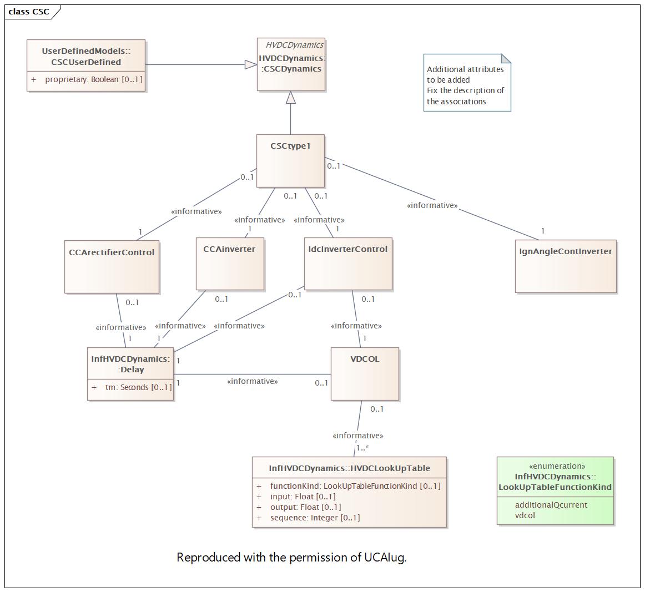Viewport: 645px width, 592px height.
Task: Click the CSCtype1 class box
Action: (290, 161)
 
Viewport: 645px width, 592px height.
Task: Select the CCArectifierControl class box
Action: (112, 267)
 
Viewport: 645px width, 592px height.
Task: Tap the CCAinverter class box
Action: (230, 264)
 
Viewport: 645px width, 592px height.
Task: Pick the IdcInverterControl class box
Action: (348, 264)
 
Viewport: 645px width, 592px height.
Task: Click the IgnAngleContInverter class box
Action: (566, 266)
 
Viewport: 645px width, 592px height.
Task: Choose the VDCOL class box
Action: (365, 374)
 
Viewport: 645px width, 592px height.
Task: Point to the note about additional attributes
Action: (467, 83)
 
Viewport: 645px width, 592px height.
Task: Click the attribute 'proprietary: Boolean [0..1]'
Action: (93, 79)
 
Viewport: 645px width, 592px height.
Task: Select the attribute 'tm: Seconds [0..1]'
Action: (138, 387)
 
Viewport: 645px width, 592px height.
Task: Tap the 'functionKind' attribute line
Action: (355, 486)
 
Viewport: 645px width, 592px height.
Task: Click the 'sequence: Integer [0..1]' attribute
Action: (315, 518)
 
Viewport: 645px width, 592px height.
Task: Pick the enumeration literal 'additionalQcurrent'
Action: (551, 505)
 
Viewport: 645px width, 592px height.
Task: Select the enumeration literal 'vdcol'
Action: (525, 515)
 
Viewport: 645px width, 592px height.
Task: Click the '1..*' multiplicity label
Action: (362, 448)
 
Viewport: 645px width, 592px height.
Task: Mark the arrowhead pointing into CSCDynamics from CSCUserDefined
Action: (251, 64)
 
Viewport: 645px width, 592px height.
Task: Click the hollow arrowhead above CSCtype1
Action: (291, 98)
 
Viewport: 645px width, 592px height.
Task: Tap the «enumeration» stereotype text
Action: (557, 466)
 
